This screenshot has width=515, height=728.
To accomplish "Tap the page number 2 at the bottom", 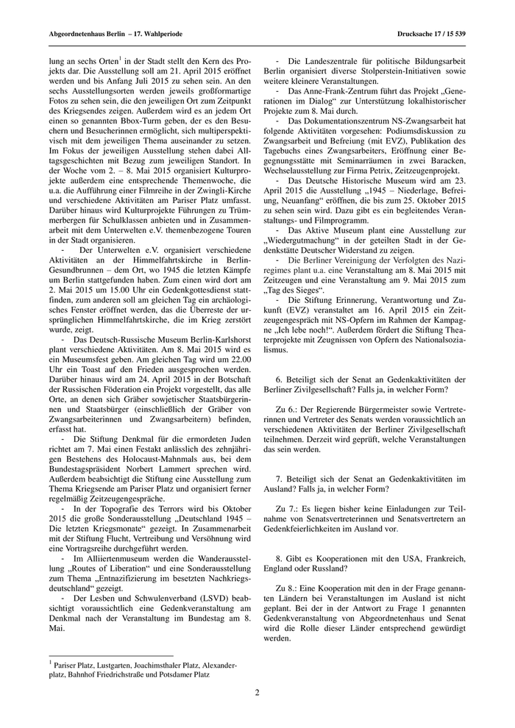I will [x=257, y=692].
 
